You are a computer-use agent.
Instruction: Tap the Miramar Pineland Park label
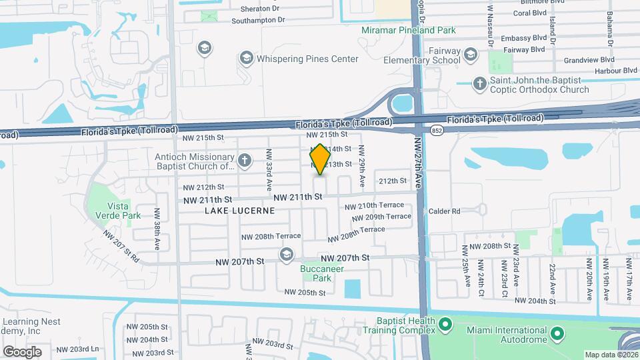click(x=408, y=31)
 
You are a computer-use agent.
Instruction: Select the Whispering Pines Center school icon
click(x=247, y=59)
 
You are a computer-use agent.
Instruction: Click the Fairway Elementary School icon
click(x=471, y=55)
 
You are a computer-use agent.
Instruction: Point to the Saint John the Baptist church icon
click(x=479, y=84)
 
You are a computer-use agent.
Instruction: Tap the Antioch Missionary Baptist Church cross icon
click(x=245, y=161)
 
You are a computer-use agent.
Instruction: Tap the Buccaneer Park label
click(x=317, y=273)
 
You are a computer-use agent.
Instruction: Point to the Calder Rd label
click(x=445, y=211)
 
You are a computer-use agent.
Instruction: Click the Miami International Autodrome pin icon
click(x=559, y=331)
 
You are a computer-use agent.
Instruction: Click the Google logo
click(x=23, y=351)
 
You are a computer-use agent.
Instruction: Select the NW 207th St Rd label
click(x=121, y=246)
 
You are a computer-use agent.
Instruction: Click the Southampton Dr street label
click(x=258, y=21)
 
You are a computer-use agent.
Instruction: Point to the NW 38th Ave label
click(x=158, y=229)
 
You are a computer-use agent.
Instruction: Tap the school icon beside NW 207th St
click(x=287, y=255)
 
